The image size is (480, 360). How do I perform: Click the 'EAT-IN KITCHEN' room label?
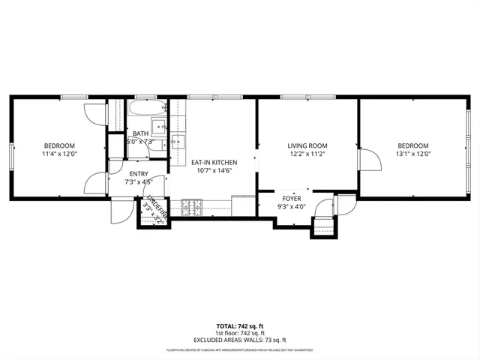coord(214,162)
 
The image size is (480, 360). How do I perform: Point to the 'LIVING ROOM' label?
coord(307,145)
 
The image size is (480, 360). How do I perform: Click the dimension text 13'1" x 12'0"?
coord(412,154)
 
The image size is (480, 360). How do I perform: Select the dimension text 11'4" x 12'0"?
coord(59,154)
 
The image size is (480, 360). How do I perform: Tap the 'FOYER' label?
coord(292,198)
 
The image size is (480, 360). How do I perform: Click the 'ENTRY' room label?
coord(138,173)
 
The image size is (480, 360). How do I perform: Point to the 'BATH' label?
coord(140,133)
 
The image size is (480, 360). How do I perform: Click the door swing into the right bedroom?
coord(367,160)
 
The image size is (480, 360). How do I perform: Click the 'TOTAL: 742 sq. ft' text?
coord(240,325)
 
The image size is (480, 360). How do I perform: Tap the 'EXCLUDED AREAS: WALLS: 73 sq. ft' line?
coord(240,339)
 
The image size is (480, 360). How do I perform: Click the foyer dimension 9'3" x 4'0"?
coord(292,206)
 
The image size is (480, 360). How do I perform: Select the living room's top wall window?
coord(307,97)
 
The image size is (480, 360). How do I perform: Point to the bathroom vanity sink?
coord(159,125)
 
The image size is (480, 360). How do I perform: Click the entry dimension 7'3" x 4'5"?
coord(138,181)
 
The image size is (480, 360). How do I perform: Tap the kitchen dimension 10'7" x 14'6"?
coord(214,170)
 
